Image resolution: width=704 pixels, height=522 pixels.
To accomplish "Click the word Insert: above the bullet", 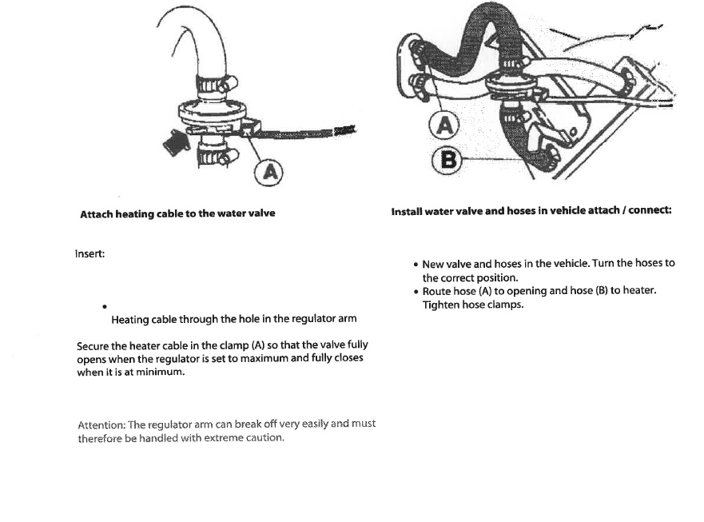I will [89, 253].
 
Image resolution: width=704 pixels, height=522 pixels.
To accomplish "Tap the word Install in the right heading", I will [407, 211].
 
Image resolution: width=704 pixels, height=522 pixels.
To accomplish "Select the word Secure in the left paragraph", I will [93, 345].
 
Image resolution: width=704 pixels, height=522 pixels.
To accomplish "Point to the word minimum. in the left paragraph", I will [162, 372].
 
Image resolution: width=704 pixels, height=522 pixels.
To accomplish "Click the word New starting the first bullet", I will [432, 263].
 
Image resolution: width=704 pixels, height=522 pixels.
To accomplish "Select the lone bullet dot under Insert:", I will [105, 306].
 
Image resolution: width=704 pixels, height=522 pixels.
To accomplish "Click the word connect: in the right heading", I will [650, 211].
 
